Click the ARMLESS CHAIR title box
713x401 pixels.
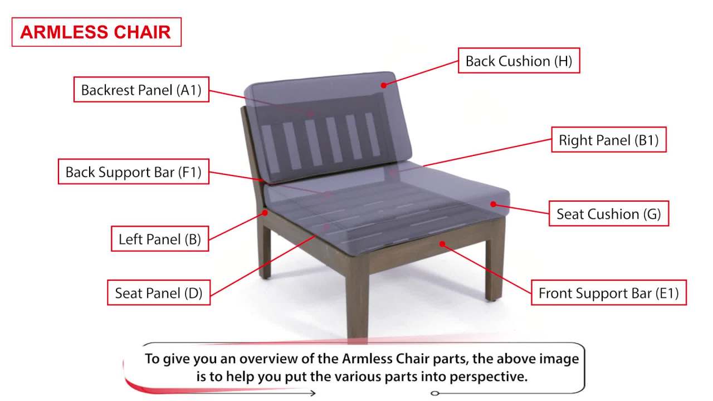(x=96, y=32)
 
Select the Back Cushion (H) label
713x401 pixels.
(x=519, y=61)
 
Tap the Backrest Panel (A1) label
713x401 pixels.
(x=141, y=90)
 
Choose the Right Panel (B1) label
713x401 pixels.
(x=609, y=140)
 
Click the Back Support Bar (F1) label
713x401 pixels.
(x=133, y=172)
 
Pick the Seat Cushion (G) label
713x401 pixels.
(x=609, y=214)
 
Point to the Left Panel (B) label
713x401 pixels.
(x=159, y=239)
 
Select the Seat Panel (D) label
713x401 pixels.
(x=159, y=293)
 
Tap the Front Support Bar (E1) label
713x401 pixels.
(x=609, y=293)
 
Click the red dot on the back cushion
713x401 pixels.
(x=383, y=85)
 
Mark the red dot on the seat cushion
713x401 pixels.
(x=493, y=204)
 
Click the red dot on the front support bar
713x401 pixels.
(x=442, y=243)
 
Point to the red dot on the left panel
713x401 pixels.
(x=266, y=212)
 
